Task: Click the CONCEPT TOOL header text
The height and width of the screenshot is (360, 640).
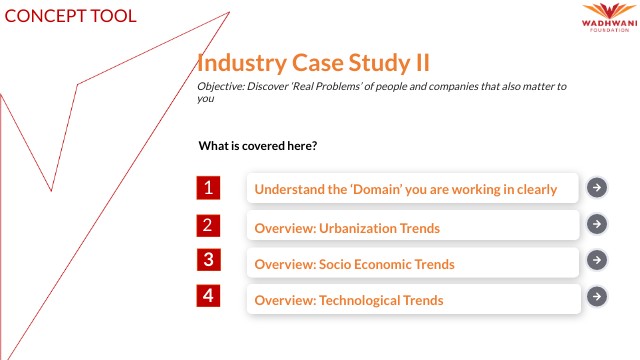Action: [69, 16]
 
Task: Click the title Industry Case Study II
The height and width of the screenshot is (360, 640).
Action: [314, 63]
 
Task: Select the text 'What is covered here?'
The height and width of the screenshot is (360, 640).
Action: [258, 146]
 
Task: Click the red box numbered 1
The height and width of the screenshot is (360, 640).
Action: [208, 187]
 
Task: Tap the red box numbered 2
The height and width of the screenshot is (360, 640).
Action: [208, 225]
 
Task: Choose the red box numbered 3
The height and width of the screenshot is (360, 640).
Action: [208, 260]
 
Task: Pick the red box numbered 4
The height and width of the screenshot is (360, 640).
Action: [208, 296]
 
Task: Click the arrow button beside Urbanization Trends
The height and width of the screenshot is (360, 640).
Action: [596, 224]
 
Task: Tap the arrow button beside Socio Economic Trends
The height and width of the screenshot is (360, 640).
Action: [596, 260]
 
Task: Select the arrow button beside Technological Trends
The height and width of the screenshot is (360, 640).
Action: [596, 296]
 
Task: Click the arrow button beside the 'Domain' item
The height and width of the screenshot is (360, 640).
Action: [596, 187]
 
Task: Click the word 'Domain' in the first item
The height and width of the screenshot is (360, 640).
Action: [371, 188]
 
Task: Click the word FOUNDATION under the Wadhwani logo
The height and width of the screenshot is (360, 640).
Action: [606, 30]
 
